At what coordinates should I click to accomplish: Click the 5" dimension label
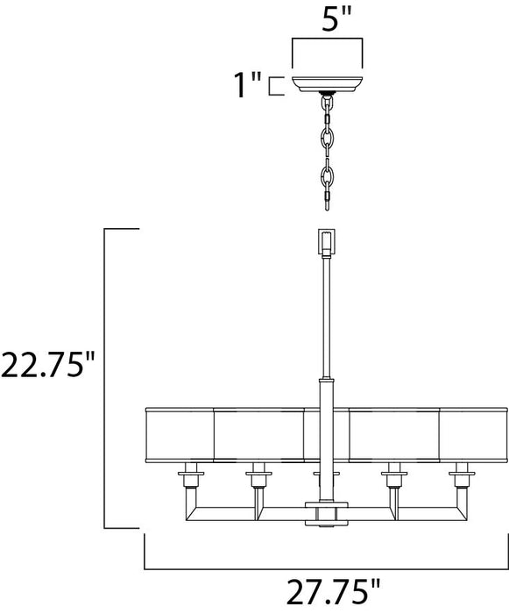tap(326, 18)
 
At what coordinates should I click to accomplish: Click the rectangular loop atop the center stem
tap(326, 241)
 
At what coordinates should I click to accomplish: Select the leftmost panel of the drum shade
tap(178, 435)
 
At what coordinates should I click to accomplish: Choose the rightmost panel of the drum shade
tap(473, 435)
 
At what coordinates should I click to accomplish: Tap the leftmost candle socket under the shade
tap(187, 479)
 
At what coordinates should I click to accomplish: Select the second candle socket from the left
tap(256, 479)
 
